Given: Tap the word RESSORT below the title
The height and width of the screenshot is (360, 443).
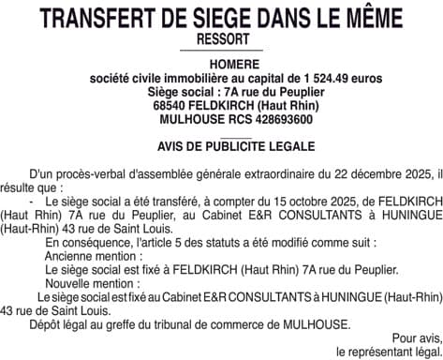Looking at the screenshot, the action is coord(222,38).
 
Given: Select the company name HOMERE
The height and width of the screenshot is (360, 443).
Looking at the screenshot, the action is coord(222,65).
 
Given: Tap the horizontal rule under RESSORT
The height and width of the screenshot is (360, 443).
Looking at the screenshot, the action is coord(222,50).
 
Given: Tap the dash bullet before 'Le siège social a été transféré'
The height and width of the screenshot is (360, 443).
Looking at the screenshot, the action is coord(33,202).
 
